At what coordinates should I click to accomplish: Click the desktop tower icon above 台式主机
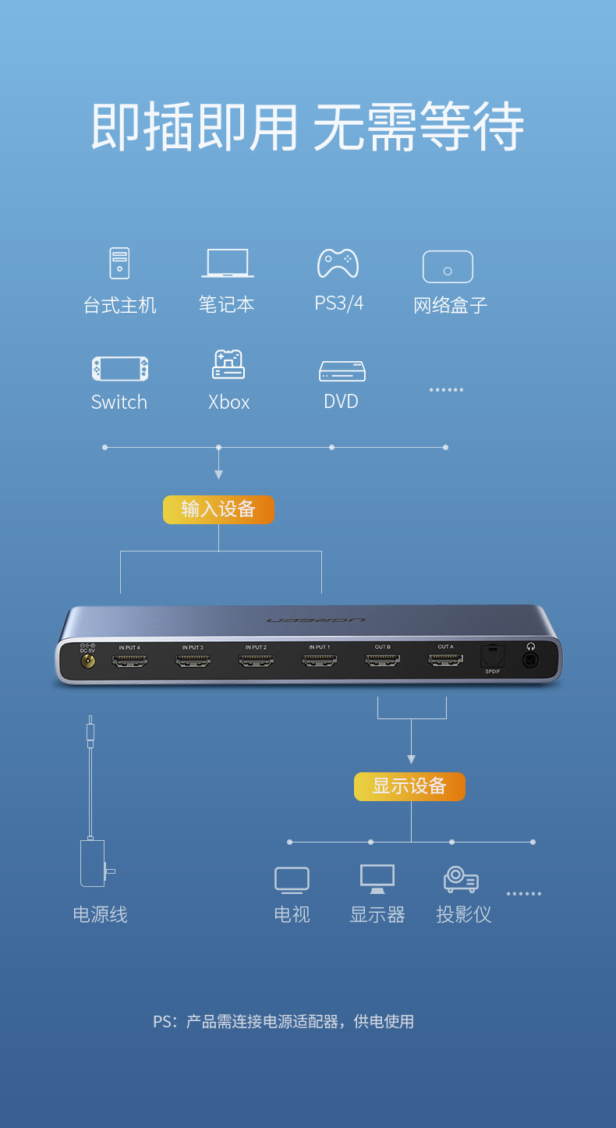click(119, 263)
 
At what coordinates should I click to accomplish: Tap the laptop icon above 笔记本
click(227, 263)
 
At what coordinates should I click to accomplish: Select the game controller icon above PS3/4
click(338, 263)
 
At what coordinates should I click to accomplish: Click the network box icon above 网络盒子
click(448, 267)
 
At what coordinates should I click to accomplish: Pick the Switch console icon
click(120, 369)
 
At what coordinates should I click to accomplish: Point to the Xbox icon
click(228, 364)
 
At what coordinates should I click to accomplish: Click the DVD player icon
click(342, 371)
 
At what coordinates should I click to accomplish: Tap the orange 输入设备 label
click(218, 509)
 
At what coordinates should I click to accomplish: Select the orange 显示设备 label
click(409, 786)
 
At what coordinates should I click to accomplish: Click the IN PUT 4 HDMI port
click(129, 661)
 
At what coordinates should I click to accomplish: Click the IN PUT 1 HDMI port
click(319, 661)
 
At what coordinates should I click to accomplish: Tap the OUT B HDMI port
click(382, 661)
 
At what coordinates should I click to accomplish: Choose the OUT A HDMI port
click(445, 661)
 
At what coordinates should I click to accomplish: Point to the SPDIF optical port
click(493, 657)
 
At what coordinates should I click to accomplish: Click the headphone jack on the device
click(531, 660)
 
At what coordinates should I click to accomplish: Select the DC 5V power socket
click(88, 662)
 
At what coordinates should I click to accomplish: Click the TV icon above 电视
click(292, 880)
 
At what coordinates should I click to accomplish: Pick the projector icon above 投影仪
click(461, 880)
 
